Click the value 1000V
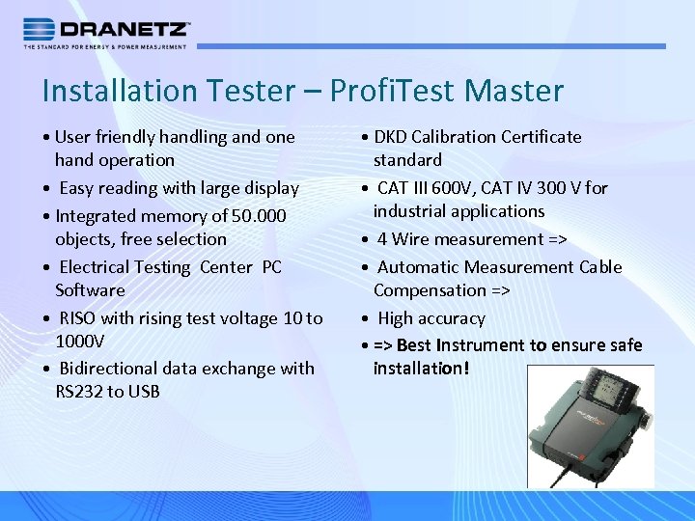coord(79,342)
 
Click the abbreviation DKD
coord(391,137)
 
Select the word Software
coord(90,290)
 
